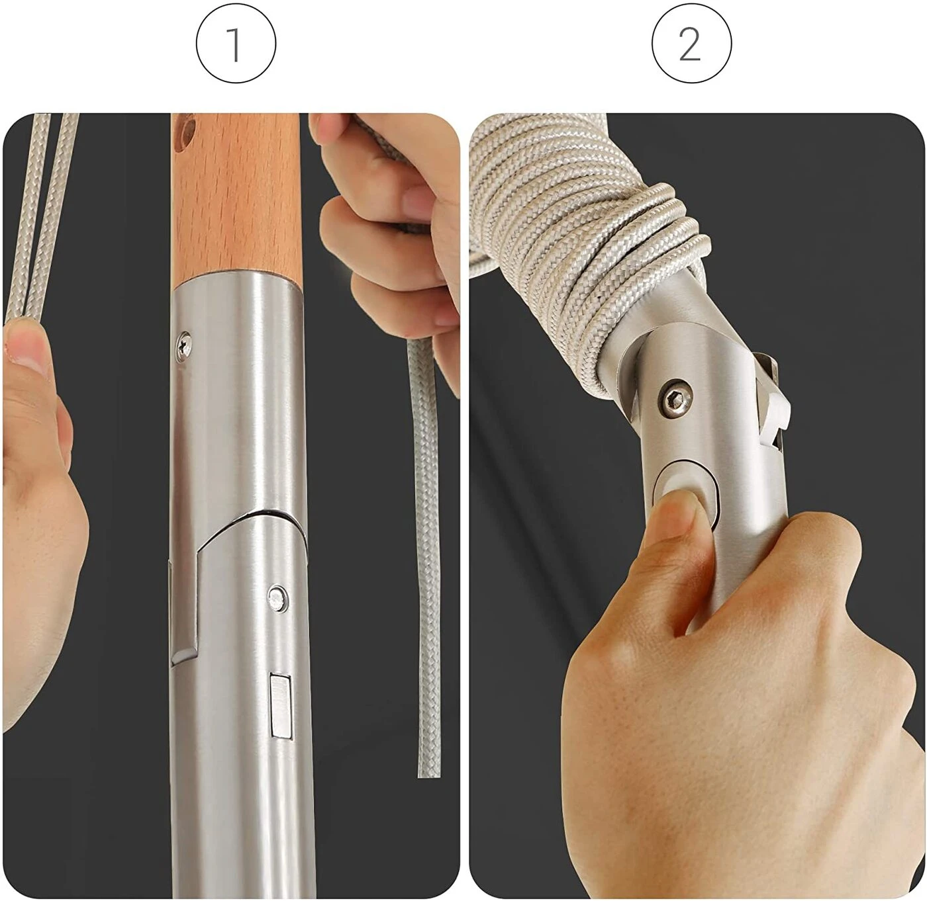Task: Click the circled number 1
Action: (x=236, y=44)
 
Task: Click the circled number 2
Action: (x=691, y=44)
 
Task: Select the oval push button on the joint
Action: (x=685, y=493)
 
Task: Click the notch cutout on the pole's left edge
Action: (x=185, y=607)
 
